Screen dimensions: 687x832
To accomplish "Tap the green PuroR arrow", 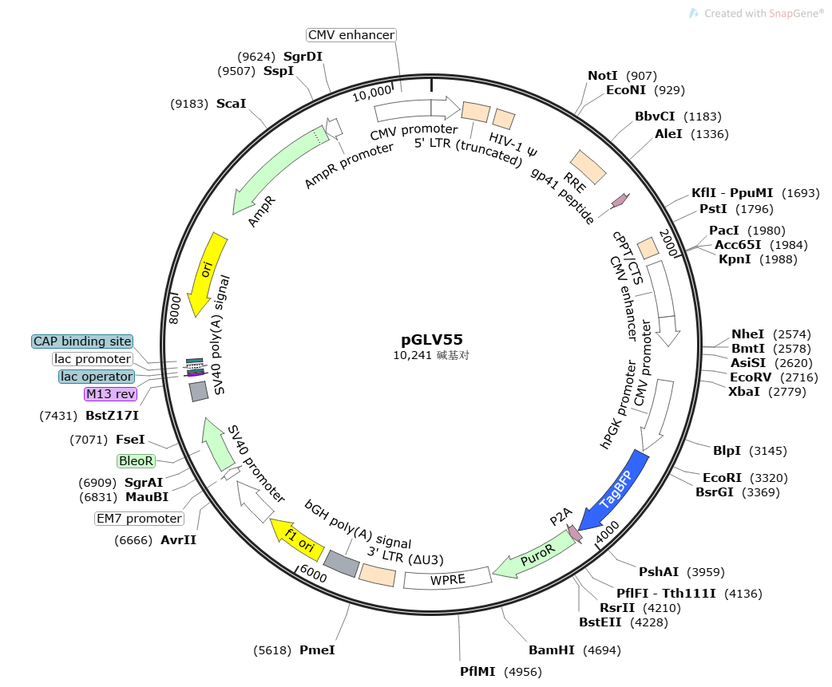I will coord(533,555).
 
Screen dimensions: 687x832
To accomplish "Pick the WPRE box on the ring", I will coord(447,578).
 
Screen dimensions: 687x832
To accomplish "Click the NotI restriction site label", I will coord(603,76).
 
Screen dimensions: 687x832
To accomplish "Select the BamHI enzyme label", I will coord(552,650).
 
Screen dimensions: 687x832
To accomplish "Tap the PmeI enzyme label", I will coord(317,650).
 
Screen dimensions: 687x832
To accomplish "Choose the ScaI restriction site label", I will coord(232,104).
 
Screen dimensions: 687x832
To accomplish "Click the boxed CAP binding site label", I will coord(82,342).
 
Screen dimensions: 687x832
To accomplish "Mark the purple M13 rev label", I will coord(110,393).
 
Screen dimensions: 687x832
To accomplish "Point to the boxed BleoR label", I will coord(136,460).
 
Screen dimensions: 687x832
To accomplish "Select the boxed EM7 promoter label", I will coord(139,518).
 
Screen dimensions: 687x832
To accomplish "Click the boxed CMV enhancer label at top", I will coord(351,35).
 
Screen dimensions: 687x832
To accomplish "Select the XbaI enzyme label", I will coord(745,391).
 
